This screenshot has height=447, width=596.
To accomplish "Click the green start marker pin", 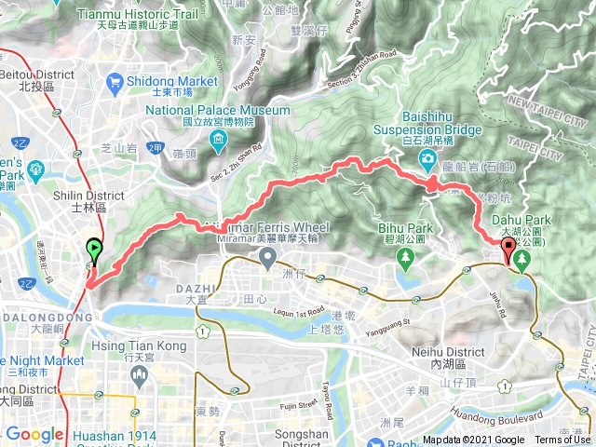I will coord(95,249).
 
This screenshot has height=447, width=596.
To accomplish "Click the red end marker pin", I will coord(508,249).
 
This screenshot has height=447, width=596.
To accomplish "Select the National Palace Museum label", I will coord(217,110).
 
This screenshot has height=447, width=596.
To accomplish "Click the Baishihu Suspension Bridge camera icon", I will coord(427,160).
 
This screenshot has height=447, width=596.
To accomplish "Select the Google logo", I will coord(34,434).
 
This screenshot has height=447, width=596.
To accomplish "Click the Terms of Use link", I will coord(562,440).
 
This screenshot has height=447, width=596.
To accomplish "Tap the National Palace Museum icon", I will coord(218,142).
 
